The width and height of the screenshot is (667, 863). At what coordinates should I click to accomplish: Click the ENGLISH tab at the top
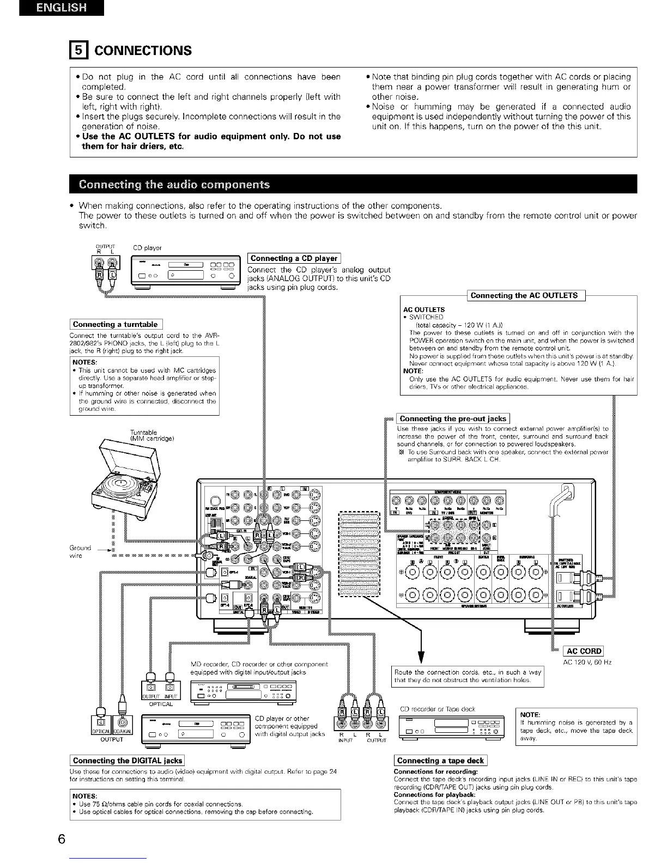60,9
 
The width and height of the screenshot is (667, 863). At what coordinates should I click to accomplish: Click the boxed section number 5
78,51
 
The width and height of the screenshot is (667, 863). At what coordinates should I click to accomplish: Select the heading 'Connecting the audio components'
174,184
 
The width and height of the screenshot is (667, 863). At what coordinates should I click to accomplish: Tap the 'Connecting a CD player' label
294,258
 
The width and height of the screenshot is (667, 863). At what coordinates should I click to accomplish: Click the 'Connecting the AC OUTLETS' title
524,295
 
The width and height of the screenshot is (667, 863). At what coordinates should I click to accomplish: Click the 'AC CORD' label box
584,651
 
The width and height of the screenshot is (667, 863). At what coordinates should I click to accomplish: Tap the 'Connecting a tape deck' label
440,761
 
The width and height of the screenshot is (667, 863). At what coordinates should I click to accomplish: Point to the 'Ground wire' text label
80,551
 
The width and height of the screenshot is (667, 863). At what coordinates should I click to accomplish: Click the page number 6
62,839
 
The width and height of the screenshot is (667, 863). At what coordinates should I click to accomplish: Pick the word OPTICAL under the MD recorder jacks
161,704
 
